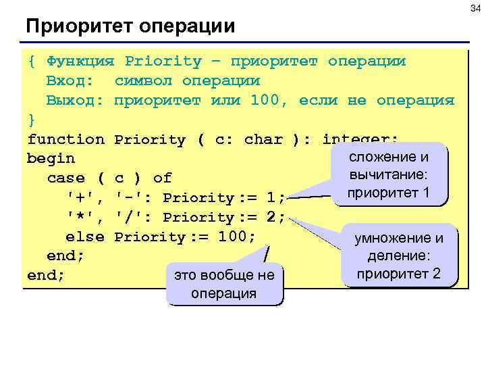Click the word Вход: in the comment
click(x=75, y=81)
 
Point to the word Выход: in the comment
click(x=75, y=101)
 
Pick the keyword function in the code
click(x=65, y=140)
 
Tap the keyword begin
click(x=51, y=160)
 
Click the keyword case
click(x=65, y=178)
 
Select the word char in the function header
click(x=264, y=140)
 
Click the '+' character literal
click(x=80, y=198)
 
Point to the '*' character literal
click(x=80, y=218)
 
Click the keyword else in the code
click(x=84, y=237)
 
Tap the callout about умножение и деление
click(x=399, y=255)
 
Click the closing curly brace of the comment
click(x=32, y=120)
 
